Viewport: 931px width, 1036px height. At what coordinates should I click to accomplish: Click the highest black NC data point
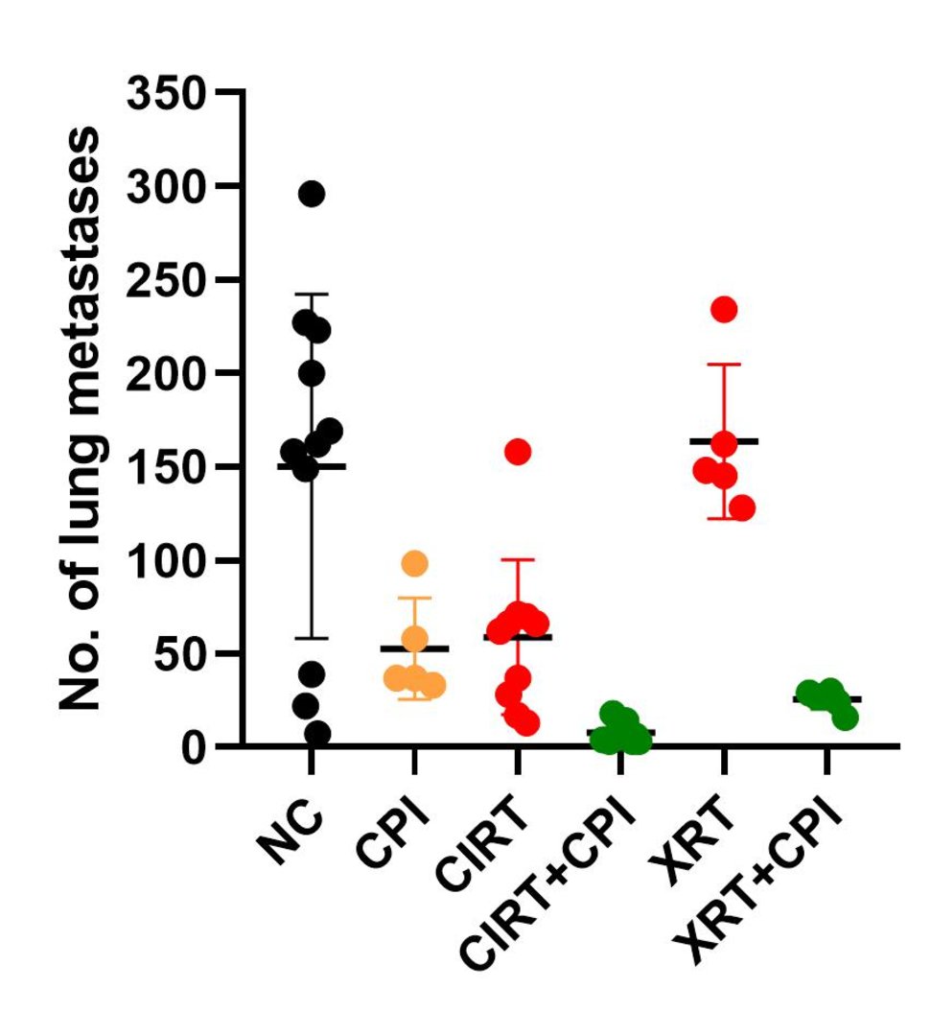point(312,194)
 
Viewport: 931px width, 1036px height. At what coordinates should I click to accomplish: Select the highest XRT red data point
point(724,309)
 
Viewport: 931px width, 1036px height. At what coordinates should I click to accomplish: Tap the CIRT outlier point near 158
point(518,452)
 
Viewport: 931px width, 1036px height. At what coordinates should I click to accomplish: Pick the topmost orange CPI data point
point(414,563)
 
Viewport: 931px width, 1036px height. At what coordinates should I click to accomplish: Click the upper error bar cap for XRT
point(724,365)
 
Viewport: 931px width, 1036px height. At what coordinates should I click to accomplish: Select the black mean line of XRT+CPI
point(826,699)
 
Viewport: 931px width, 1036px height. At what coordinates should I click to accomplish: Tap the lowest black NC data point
point(317,735)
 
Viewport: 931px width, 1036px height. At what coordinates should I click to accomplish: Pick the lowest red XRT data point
point(741,508)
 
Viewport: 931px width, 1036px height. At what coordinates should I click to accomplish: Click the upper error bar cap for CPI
point(414,598)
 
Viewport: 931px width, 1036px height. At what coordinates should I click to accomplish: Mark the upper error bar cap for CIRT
point(518,559)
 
